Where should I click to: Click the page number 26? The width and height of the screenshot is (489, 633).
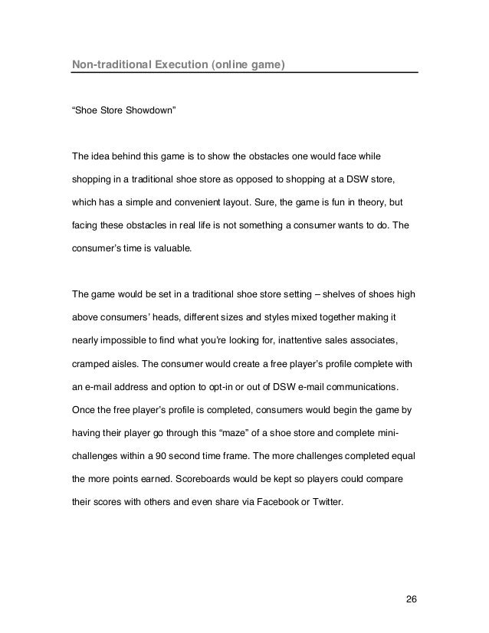tap(412, 598)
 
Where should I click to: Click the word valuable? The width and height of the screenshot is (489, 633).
tap(176, 249)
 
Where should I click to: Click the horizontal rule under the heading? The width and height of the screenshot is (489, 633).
tap(244, 73)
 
